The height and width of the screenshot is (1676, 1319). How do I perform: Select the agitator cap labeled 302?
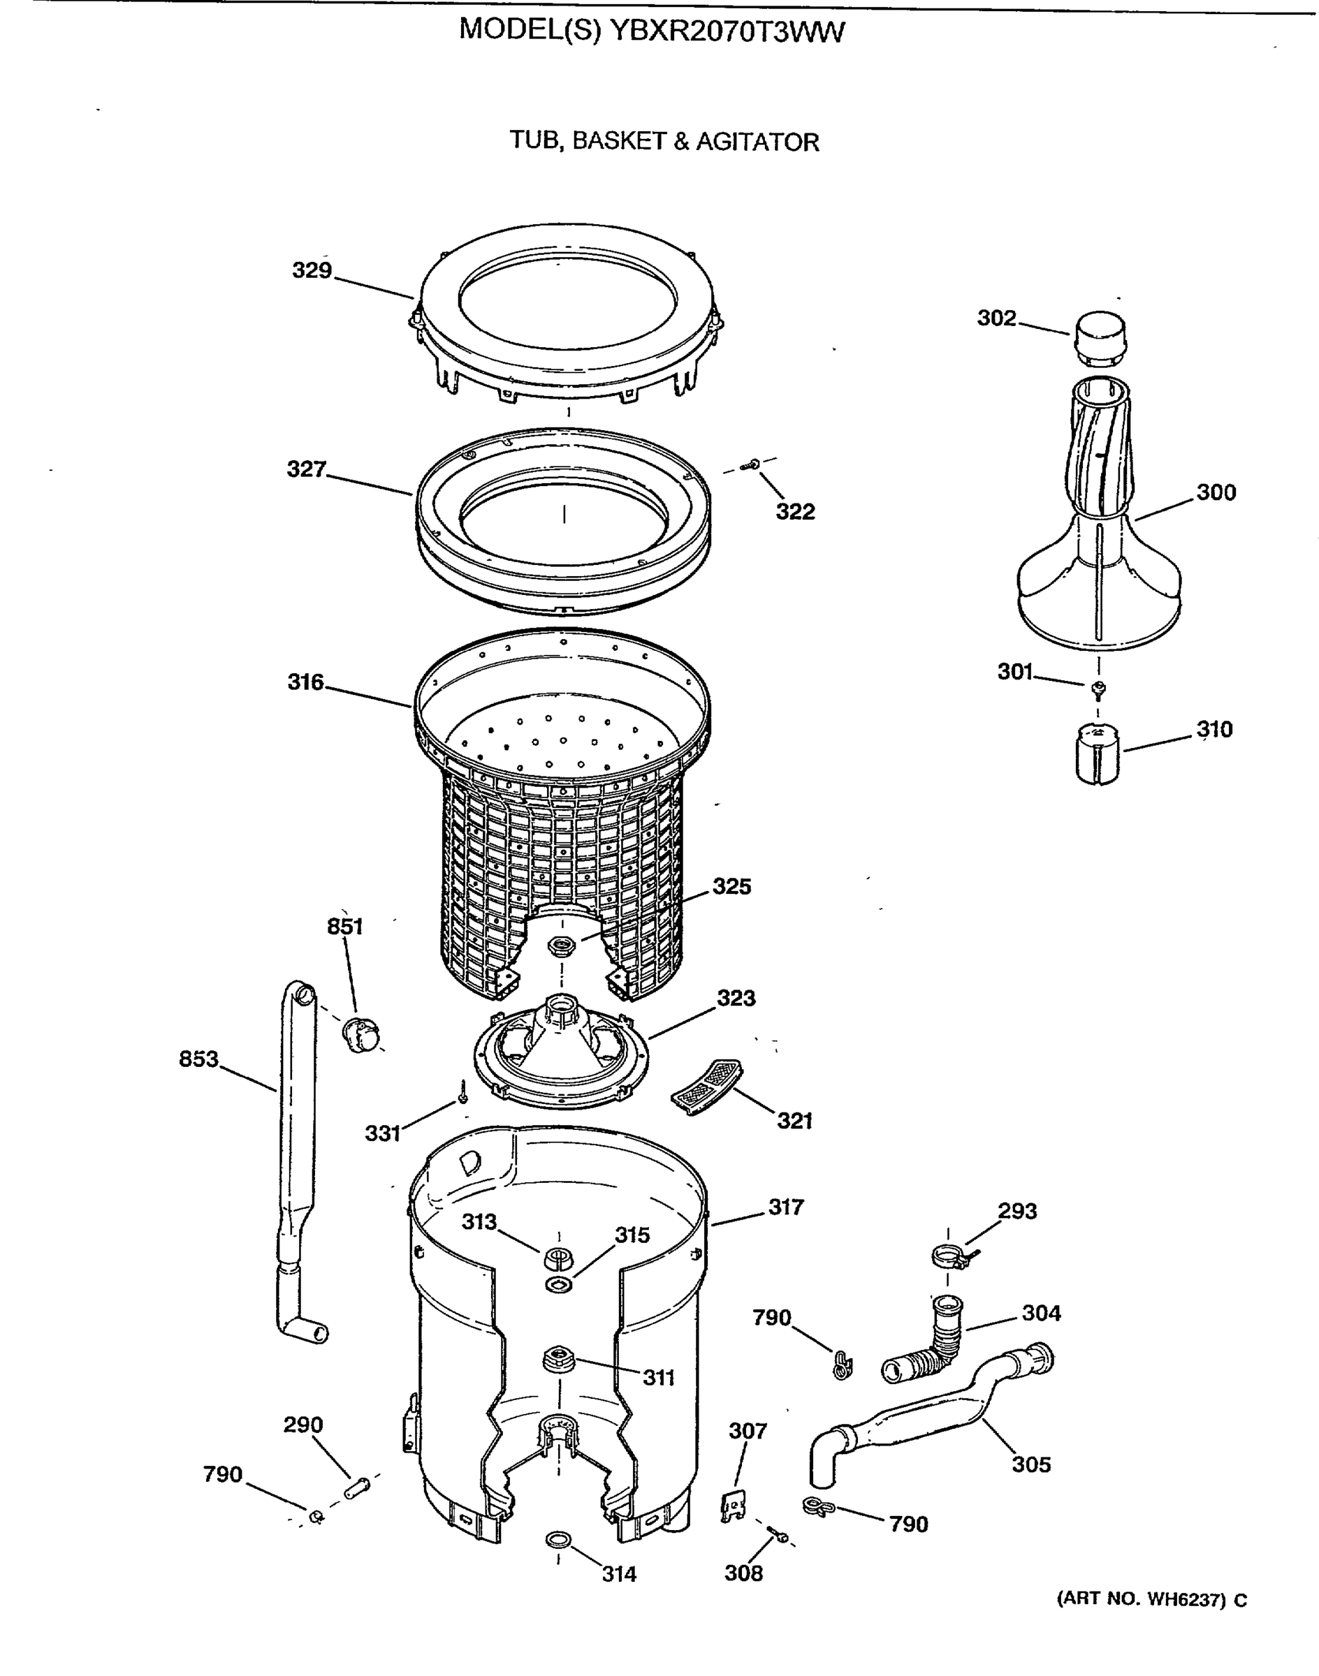click(1098, 338)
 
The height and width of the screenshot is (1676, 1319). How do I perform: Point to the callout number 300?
click(1216, 492)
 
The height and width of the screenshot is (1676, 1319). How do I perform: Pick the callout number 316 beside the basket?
click(306, 682)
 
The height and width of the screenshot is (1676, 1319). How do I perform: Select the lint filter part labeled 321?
click(706, 1086)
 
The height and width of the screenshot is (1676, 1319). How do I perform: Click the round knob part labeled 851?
click(360, 1034)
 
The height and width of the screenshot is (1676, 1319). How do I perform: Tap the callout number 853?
click(198, 1059)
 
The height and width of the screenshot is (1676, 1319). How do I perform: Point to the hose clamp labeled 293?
click(950, 1259)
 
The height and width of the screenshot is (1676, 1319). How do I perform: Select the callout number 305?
click(1031, 1464)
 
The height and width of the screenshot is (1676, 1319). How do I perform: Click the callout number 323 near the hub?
click(735, 997)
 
